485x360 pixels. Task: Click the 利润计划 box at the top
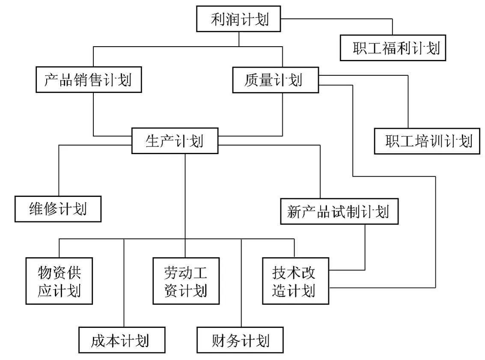(239, 19)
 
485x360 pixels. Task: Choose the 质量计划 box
(275, 80)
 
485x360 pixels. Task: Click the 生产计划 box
(174, 141)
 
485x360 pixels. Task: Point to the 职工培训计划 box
(428, 141)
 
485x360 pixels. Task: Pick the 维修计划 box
(58, 209)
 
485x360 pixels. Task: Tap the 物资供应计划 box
(59, 281)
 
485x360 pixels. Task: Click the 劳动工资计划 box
(186, 281)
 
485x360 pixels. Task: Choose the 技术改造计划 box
(295, 281)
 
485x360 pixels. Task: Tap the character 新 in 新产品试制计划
(295, 211)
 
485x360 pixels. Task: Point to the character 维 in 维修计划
(36, 209)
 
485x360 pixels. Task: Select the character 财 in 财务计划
(219, 340)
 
